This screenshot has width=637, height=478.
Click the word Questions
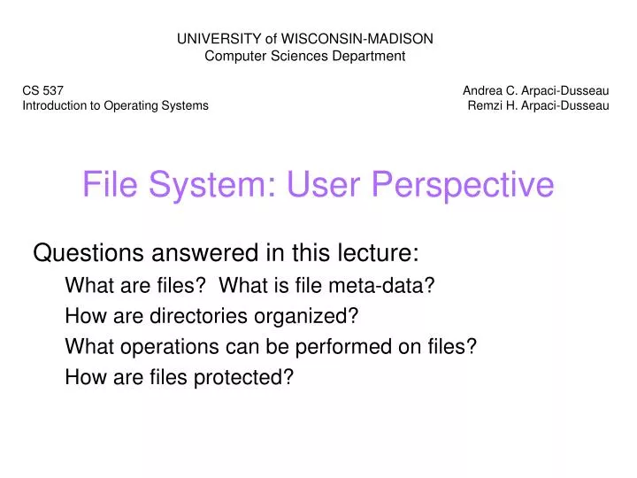click(x=88, y=253)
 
